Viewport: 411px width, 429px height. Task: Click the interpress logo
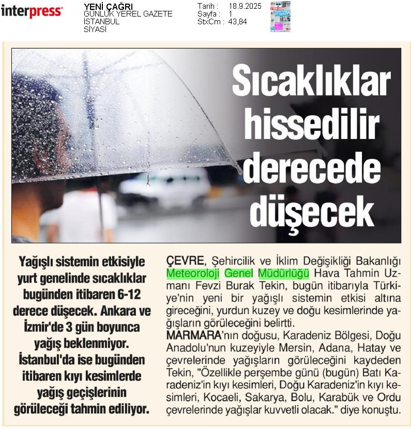[32, 11]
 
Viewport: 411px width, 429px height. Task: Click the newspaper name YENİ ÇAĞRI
[108, 7]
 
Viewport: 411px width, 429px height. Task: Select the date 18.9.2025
[245, 6]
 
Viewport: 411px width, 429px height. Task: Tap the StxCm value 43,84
[238, 22]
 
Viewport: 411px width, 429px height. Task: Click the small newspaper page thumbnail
[280, 17]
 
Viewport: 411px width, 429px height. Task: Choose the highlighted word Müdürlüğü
[283, 272]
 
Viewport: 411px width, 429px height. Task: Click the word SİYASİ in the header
[95, 29]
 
